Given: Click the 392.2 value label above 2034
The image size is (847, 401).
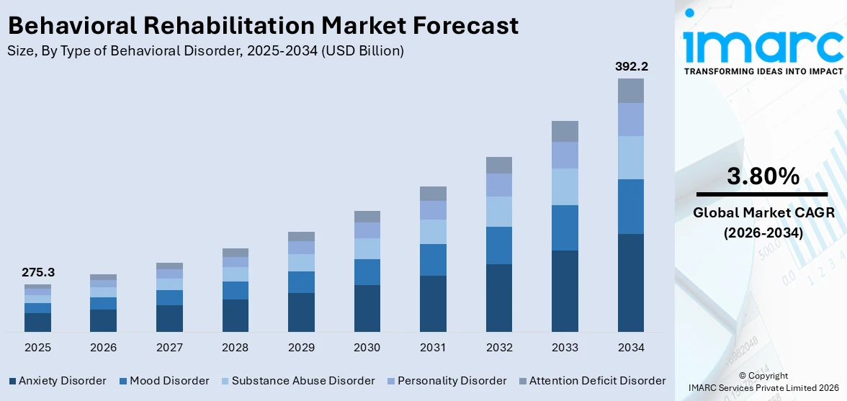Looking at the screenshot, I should click(x=631, y=66).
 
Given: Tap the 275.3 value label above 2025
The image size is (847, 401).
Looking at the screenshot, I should click(x=37, y=273).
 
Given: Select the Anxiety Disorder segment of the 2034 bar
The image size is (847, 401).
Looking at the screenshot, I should click(x=631, y=282).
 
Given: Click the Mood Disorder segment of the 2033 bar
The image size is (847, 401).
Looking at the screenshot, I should click(x=565, y=227).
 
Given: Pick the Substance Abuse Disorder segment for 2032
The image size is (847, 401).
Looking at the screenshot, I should click(x=499, y=212).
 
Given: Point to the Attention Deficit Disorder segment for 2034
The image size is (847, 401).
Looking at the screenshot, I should click(x=631, y=91).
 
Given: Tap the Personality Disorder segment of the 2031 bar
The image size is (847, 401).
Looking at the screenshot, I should click(x=433, y=210).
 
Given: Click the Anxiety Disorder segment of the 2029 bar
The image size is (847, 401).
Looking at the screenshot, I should click(x=301, y=312).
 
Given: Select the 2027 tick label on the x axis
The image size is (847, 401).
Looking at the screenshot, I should click(x=169, y=348).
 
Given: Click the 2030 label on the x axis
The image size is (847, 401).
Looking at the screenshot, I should click(x=367, y=348).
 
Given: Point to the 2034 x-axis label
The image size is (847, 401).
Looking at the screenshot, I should click(x=631, y=348).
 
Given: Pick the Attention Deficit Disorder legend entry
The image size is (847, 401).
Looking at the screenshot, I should click(x=592, y=381).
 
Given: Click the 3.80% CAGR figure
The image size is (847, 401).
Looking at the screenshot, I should click(x=763, y=176).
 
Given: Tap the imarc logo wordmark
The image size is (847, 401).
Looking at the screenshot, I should click(x=763, y=45).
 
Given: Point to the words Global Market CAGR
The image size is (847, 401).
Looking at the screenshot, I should click(x=763, y=212).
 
